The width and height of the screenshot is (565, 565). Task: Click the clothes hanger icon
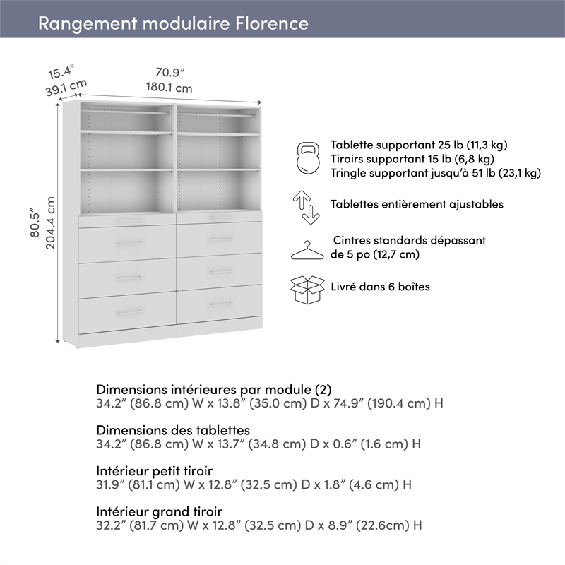point(307,250)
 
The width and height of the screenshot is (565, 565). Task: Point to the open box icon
point(307,289)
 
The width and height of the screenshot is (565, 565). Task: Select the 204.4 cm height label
point(51,227)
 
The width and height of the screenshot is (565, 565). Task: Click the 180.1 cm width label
point(169,88)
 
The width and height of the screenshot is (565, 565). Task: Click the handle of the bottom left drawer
point(128,311)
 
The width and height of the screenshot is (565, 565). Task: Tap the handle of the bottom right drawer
point(221,304)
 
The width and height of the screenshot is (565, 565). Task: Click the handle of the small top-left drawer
point(128,220)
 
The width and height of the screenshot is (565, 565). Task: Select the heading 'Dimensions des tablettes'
point(172,430)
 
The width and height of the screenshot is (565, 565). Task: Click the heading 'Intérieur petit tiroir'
point(154,470)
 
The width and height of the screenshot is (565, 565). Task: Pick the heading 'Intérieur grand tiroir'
point(159,511)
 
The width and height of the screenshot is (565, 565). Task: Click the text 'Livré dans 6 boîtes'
point(380,287)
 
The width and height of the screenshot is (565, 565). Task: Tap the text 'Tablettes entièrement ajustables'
point(417,204)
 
